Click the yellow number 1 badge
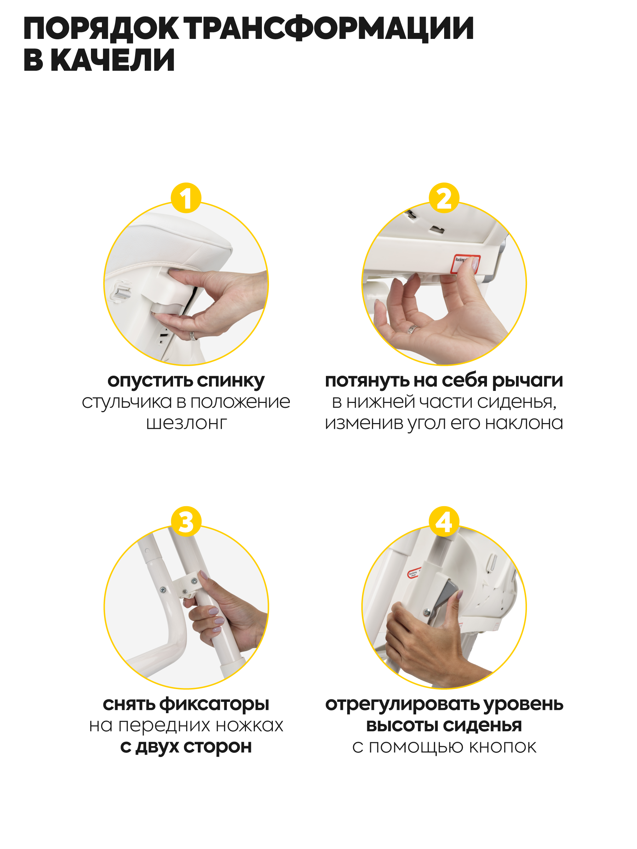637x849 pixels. (x=186, y=198)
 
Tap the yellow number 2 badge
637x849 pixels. (x=444, y=198)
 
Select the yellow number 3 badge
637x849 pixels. (x=186, y=522)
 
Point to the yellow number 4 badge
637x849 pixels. (x=444, y=522)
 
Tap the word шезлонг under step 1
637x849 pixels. (x=186, y=423)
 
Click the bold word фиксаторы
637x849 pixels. (x=214, y=704)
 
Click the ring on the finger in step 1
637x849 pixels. (x=193, y=336)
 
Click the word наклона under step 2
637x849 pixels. (x=524, y=423)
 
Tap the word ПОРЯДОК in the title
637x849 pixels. (x=101, y=29)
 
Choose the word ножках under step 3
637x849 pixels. (x=249, y=726)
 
